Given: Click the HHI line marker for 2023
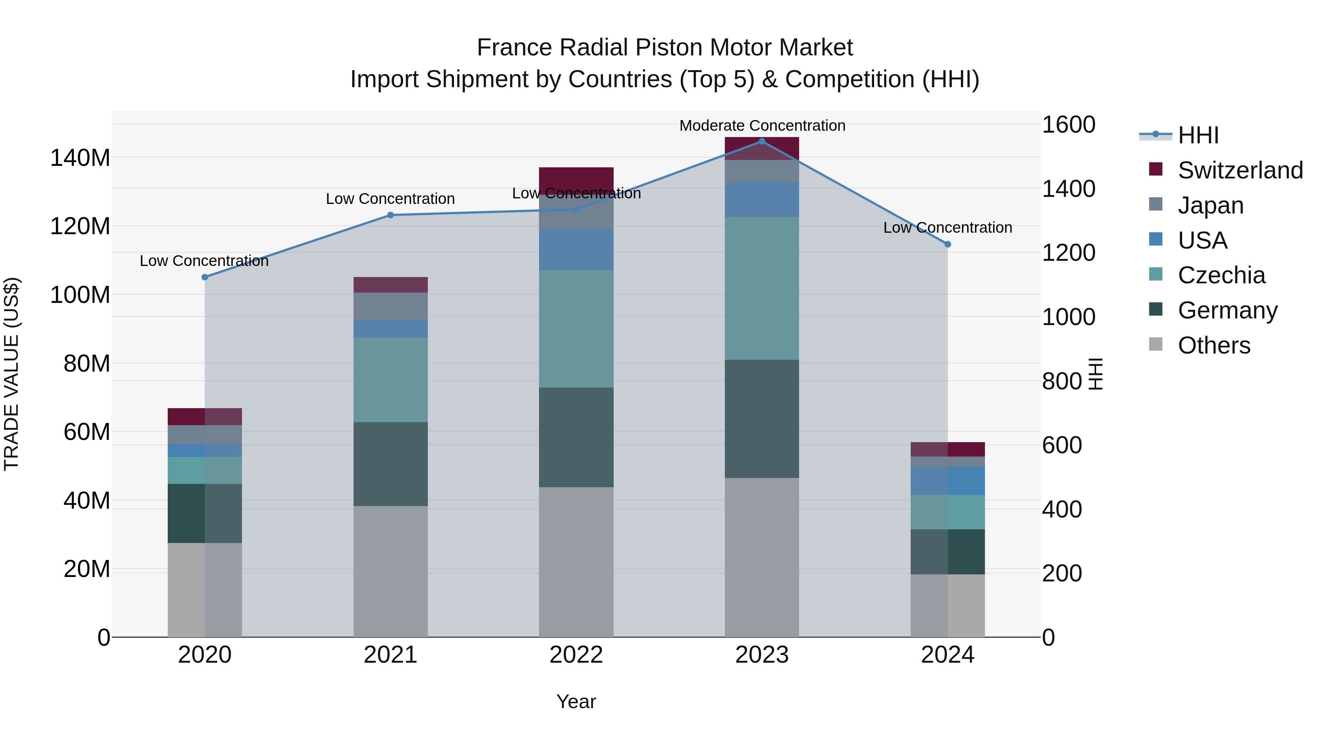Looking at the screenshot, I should point(761,141).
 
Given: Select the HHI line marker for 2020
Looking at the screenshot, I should point(205,277).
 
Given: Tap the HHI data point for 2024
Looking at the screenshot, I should point(947,244).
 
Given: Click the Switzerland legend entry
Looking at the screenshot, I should point(1239,170).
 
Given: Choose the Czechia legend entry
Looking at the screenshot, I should point(1221,275).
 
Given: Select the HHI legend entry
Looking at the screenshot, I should point(1198,135).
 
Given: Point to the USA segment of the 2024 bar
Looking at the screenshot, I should point(947,481).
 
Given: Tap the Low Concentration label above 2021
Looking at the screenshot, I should point(391,199).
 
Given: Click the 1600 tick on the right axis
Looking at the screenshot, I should point(1068,124).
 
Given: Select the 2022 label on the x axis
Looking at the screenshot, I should point(576,655).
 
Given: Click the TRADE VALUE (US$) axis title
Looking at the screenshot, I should point(11,374).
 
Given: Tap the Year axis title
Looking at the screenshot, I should point(576,701).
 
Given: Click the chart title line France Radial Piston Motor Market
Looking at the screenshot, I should point(665,48).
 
